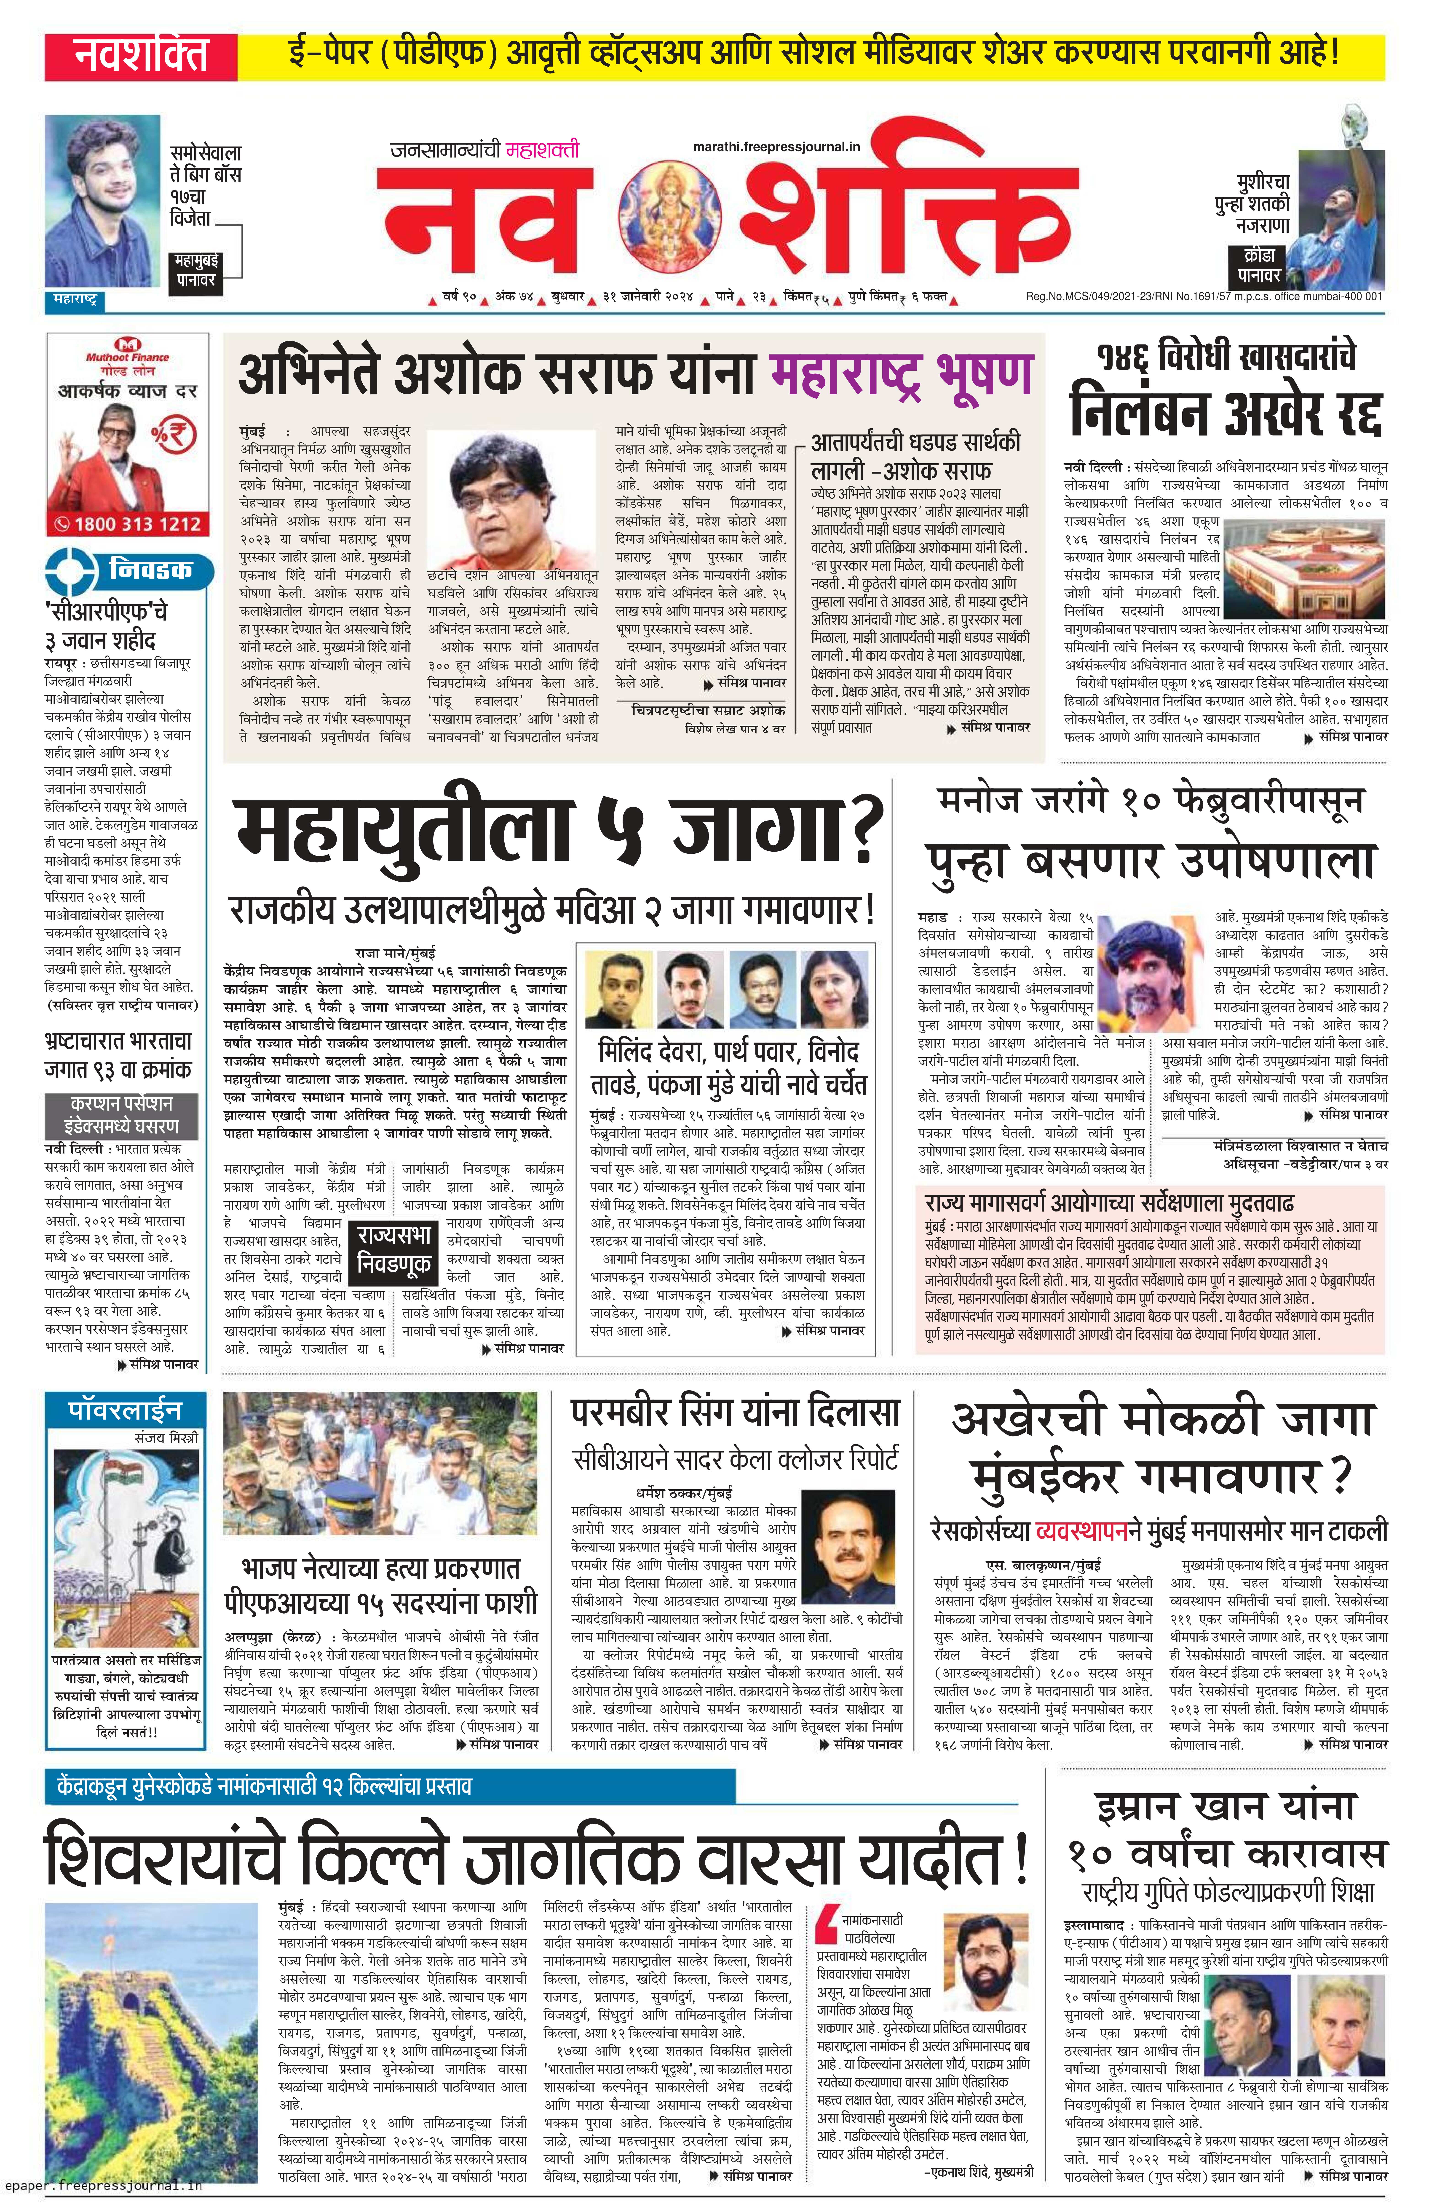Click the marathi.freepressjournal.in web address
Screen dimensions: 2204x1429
pos(776,145)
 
